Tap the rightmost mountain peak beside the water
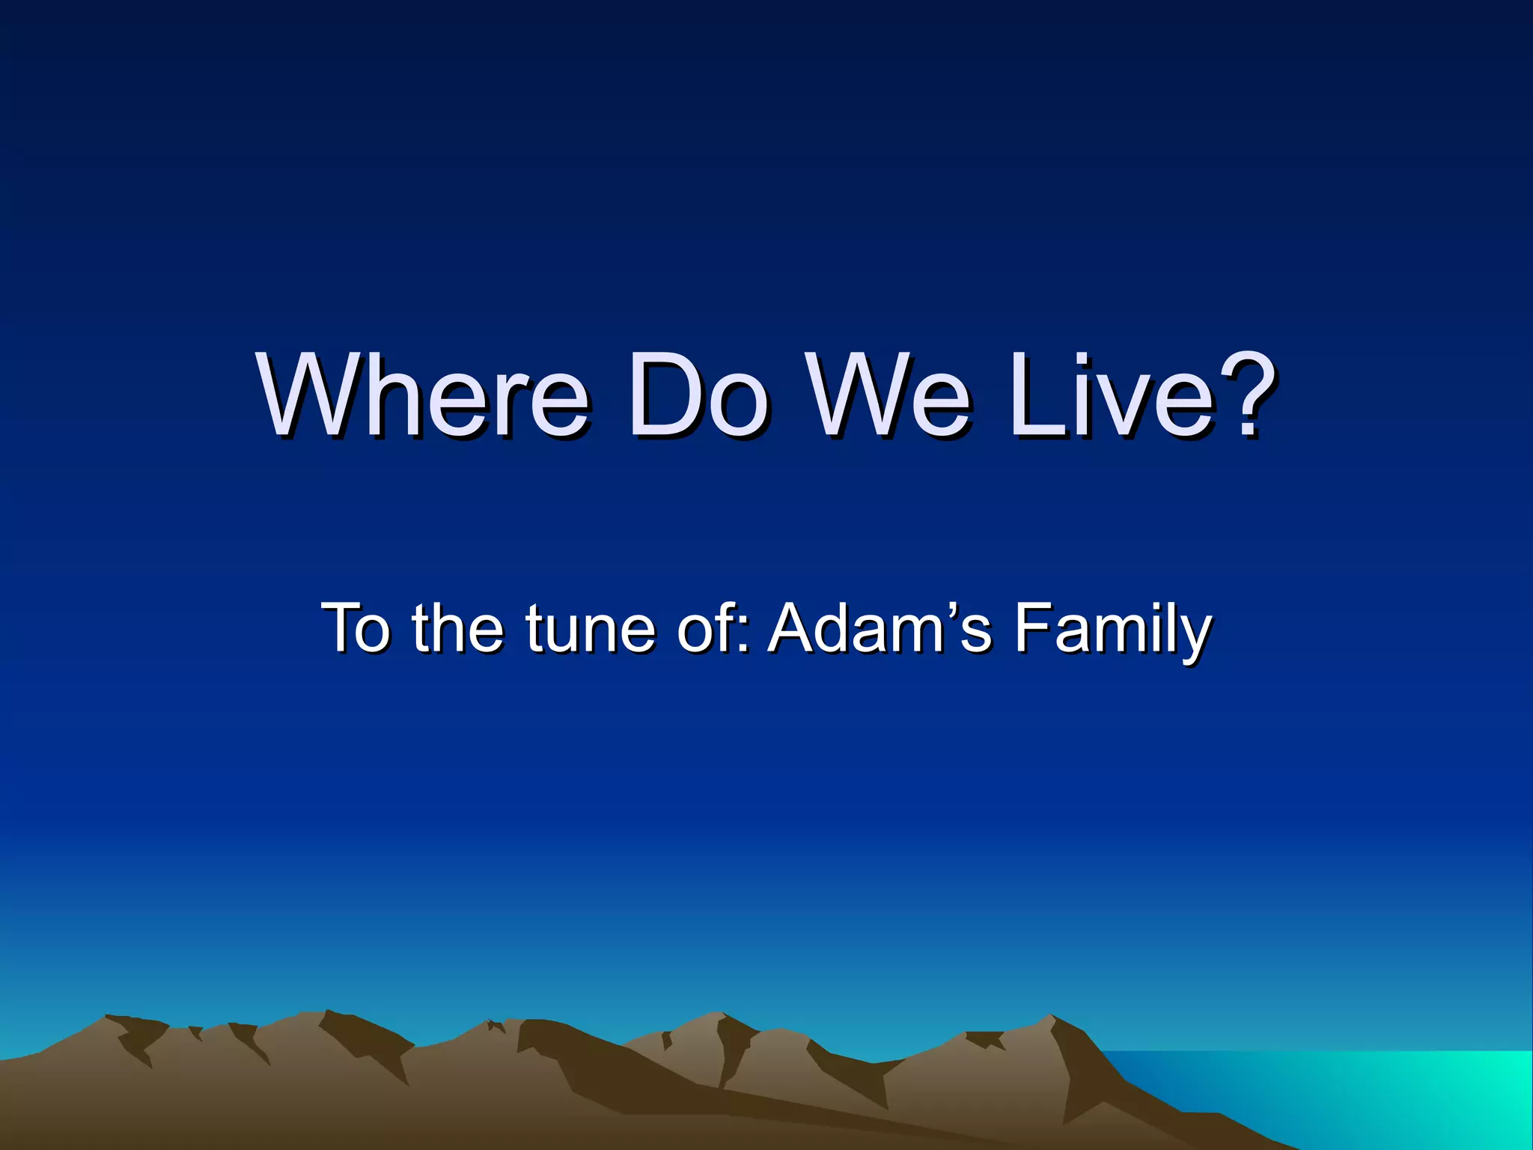point(1048,1020)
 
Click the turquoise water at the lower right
point(1385,1093)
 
